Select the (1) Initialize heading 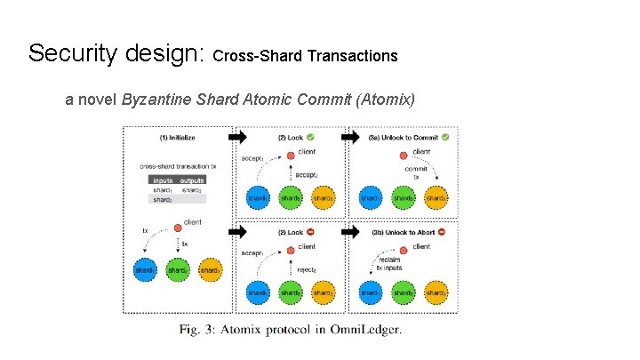(178, 139)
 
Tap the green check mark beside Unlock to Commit (445, 138)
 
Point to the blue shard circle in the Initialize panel (145, 269)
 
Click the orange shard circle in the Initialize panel (210, 269)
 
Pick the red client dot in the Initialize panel (176, 229)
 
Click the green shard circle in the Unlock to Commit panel (403, 197)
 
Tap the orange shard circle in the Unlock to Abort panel (435, 292)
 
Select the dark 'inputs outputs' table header (178, 180)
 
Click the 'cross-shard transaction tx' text (177, 166)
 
